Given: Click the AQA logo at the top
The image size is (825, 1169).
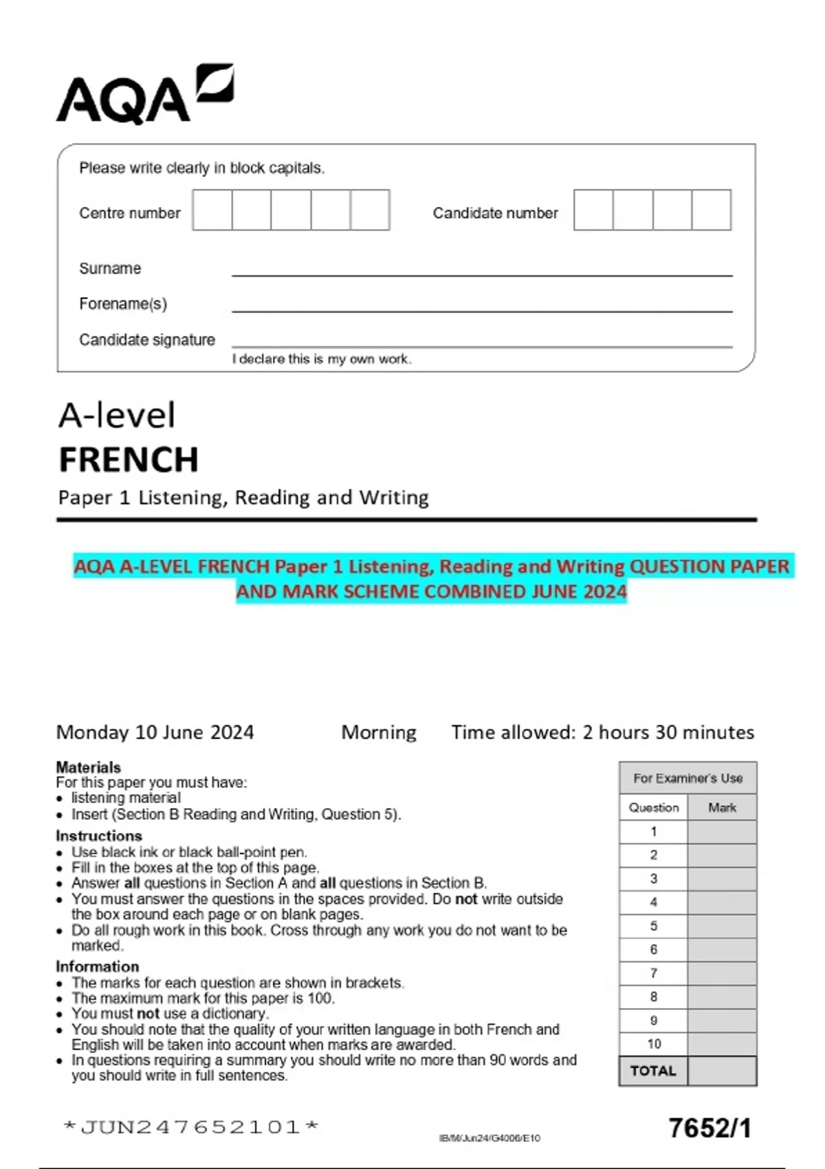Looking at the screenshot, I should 144,95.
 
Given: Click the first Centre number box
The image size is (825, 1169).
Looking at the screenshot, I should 212,210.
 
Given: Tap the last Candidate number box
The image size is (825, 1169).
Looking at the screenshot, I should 711,210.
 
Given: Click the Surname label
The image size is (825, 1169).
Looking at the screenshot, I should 110,268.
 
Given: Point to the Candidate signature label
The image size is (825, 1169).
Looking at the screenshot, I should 146,340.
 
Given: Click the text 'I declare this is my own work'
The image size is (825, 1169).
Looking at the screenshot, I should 321,359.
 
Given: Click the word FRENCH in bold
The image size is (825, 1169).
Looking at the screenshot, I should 129,459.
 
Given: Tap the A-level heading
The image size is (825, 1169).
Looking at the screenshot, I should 117,415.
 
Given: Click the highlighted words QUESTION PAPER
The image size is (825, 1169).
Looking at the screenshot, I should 709,567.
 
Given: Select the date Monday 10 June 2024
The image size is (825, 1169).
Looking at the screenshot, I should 155,732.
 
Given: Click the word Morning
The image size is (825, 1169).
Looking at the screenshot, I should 379,732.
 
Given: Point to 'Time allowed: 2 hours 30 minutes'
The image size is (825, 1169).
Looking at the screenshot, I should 602,732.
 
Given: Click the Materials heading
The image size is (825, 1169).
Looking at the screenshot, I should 88,767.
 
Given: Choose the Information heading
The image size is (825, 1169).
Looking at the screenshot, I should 97,966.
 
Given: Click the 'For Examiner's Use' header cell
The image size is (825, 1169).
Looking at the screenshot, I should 687,778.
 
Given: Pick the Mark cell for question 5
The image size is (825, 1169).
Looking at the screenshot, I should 722,926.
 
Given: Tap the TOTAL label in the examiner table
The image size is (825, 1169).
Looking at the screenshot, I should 653,1071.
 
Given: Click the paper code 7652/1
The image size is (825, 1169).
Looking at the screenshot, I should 709,1128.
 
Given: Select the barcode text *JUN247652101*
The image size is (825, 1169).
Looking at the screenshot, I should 190,1127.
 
